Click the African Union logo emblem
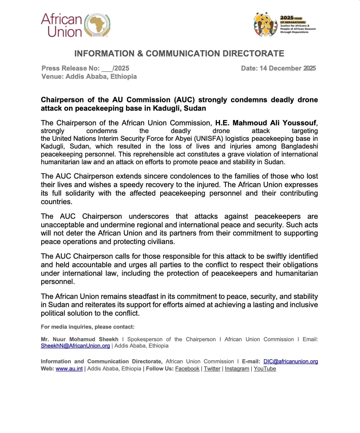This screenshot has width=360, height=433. pos(97,25)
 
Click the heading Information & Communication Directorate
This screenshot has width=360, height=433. pos(179,54)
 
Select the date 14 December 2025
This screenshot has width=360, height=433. pos(287,68)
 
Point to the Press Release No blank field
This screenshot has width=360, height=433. pos(107,69)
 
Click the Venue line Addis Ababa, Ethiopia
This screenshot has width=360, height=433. pos(89,77)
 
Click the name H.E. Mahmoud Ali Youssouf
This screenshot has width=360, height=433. pos(266,123)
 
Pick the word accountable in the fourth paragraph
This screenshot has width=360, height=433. pos(92,265)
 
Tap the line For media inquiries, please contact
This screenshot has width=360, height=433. pos(88,327)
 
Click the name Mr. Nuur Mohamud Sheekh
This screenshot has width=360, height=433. pos(80,339)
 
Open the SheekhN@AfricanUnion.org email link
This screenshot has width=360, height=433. pos(75,346)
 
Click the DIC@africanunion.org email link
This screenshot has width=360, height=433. pos(291,362)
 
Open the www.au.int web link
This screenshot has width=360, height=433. pos(69,369)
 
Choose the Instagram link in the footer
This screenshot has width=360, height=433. pos(237,369)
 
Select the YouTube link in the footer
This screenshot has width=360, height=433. pos(265,369)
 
